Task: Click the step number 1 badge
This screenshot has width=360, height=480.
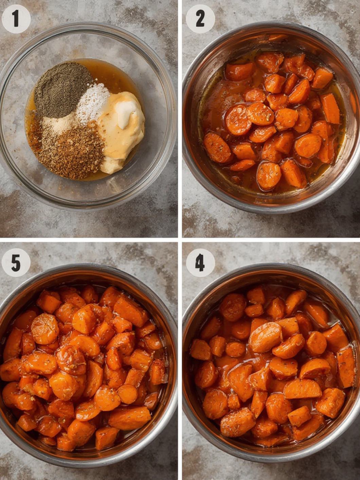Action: coord(16,19)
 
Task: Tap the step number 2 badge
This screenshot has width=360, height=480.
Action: coord(200,19)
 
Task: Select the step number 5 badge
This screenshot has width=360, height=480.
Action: coord(16,262)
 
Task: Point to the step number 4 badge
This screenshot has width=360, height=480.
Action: coord(200,262)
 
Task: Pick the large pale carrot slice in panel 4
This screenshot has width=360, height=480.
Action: coord(266,337)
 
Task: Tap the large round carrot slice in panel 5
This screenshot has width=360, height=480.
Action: coord(45,328)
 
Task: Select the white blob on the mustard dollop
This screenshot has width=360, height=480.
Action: coord(126,110)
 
